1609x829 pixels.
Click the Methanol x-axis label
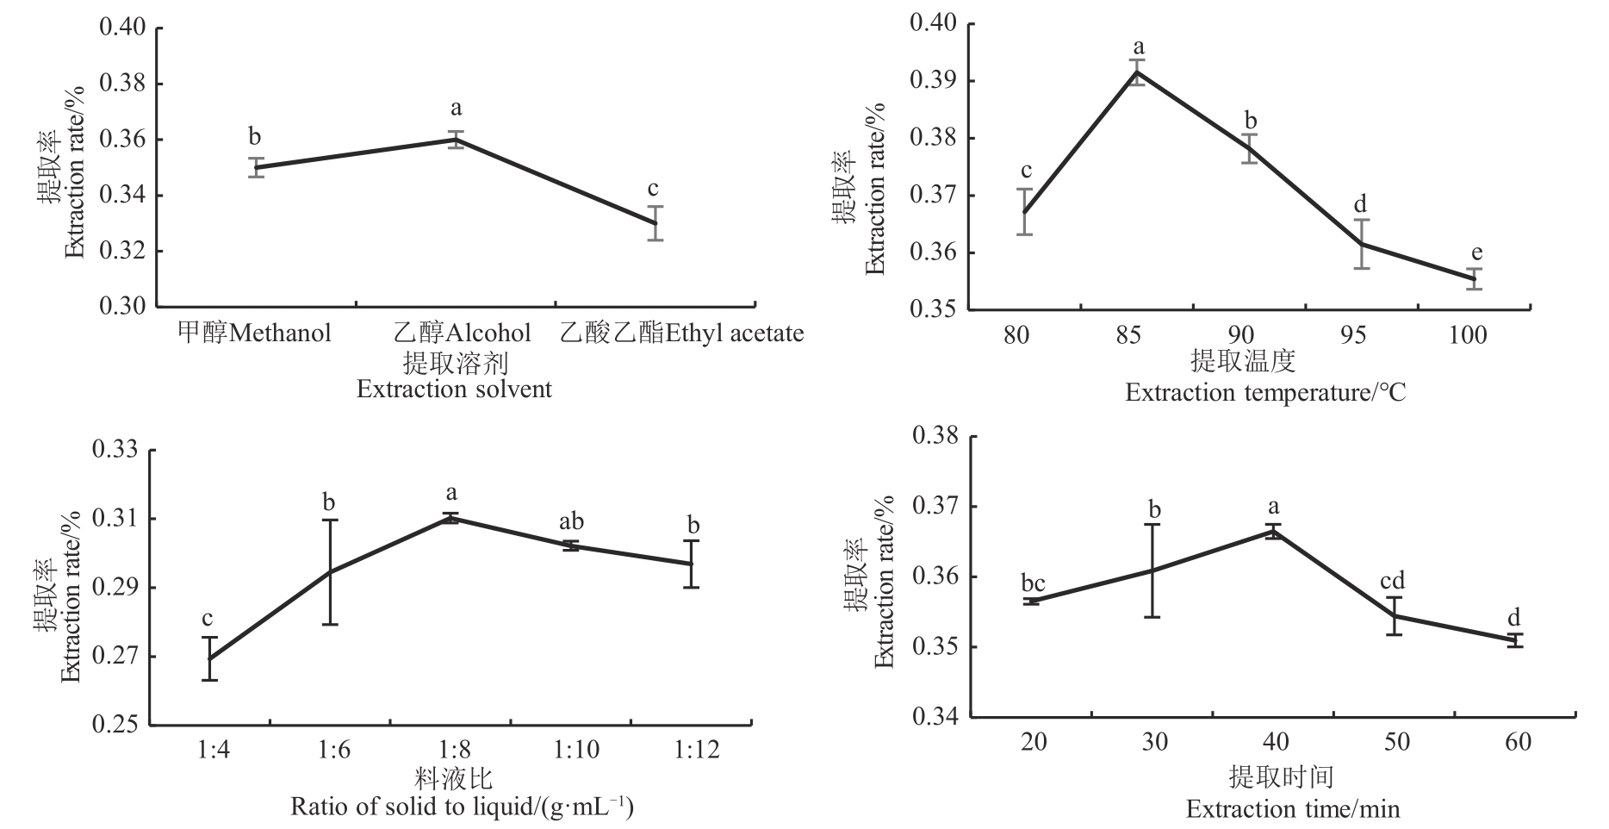click(x=254, y=333)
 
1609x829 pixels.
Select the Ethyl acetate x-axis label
click(x=681, y=333)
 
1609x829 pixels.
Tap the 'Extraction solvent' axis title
click(x=454, y=389)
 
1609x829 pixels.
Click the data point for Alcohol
click(x=456, y=139)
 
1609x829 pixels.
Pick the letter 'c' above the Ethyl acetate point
click(x=654, y=188)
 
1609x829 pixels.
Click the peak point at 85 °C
click(x=1138, y=72)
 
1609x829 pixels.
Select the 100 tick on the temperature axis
click(x=1467, y=334)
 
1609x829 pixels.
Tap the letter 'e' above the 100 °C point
click(x=1476, y=252)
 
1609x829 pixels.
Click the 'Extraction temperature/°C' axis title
click(x=1264, y=393)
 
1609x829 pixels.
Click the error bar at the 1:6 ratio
click(x=329, y=571)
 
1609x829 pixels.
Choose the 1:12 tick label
click(x=696, y=750)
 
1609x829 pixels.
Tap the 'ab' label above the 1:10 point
click(x=571, y=521)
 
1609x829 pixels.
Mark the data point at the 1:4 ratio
click(x=209, y=658)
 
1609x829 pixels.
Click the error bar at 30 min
click(x=1152, y=570)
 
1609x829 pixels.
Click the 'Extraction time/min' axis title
click(x=1292, y=808)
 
